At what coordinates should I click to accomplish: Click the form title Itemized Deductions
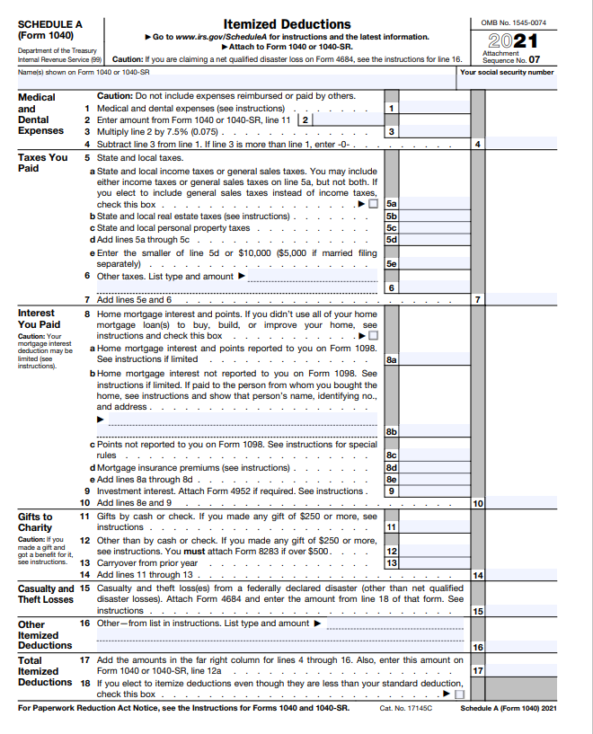click(287, 23)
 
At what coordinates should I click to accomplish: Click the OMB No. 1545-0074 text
click(513, 22)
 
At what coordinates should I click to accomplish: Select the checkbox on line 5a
click(373, 204)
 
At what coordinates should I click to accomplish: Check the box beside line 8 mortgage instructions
click(373, 336)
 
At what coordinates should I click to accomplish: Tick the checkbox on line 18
click(459, 694)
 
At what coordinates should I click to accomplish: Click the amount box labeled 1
click(392, 108)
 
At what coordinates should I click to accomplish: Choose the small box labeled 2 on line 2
click(306, 119)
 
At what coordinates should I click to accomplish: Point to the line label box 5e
click(392, 264)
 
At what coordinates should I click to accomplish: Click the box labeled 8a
click(392, 358)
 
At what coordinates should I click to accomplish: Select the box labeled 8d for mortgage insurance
click(392, 467)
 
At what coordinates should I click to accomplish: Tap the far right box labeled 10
click(478, 503)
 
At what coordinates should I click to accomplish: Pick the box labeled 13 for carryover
click(392, 563)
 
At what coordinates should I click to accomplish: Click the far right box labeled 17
click(478, 670)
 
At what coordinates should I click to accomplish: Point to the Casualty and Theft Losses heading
click(46, 594)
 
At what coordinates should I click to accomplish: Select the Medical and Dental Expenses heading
click(41, 113)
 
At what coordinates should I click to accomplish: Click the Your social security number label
click(507, 72)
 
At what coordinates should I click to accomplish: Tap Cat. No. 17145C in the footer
click(406, 709)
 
